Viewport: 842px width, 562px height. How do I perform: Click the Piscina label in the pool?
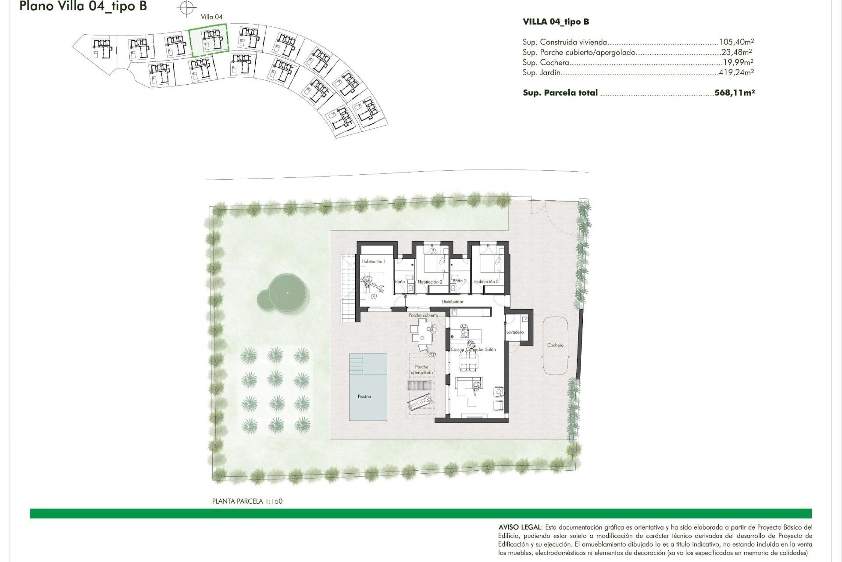pyautogui.click(x=364, y=396)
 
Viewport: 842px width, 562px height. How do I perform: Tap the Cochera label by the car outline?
pyautogui.click(x=555, y=345)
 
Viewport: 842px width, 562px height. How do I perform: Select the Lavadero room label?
pyautogui.click(x=515, y=332)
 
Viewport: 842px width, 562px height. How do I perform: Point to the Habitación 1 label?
pyautogui.click(x=373, y=261)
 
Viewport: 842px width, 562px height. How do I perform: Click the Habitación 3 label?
pyautogui.click(x=486, y=281)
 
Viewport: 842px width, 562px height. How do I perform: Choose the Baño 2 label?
pyautogui.click(x=460, y=281)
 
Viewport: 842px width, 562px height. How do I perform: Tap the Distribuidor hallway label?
pyautogui.click(x=453, y=302)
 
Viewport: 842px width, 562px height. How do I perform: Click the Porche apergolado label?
pyautogui.click(x=421, y=370)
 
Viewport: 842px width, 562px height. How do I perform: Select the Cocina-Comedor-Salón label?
pyautogui.click(x=473, y=349)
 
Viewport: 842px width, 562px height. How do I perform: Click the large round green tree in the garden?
pyautogui.click(x=287, y=292)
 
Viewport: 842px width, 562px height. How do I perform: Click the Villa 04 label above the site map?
pyautogui.click(x=211, y=17)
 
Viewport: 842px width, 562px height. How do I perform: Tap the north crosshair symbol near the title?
pyautogui.click(x=187, y=7)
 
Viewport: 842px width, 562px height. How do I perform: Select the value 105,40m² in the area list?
pyautogui.click(x=736, y=42)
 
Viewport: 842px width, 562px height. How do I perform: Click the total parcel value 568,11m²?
pyautogui.click(x=734, y=93)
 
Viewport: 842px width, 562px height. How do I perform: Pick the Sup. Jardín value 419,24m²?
pyautogui.click(x=736, y=72)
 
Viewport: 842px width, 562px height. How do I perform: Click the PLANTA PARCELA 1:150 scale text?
pyautogui.click(x=247, y=501)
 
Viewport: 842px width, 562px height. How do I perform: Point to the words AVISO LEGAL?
pyautogui.click(x=520, y=527)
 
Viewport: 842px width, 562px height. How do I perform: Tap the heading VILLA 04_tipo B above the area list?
pyautogui.click(x=556, y=22)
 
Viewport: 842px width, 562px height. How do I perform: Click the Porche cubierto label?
pyautogui.click(x=423, y=315)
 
